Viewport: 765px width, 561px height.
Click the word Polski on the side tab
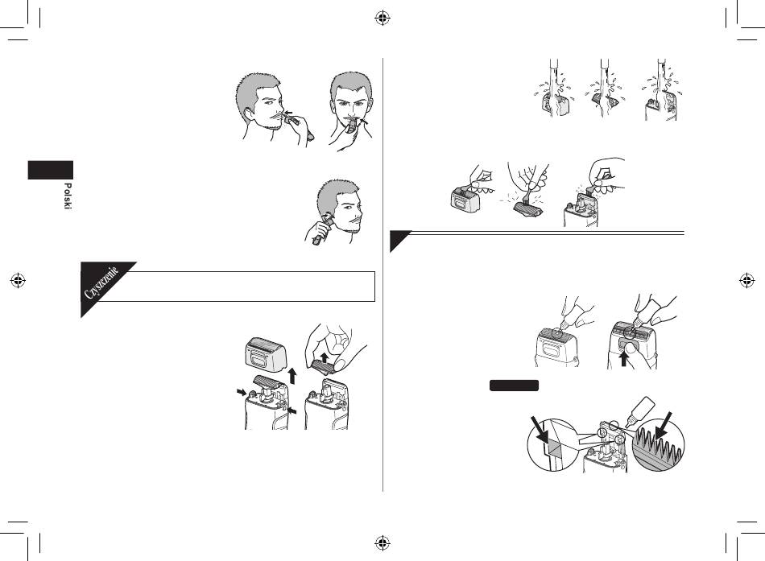coord(68,196)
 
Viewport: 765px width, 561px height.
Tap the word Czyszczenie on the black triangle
coord(101,283)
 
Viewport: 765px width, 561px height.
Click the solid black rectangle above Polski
coord(50,170)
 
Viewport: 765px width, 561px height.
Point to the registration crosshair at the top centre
coord(382,19)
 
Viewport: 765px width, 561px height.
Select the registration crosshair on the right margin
coord(746,280)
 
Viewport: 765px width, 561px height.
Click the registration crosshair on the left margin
coord(18,280)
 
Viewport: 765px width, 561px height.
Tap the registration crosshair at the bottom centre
coord(382,542)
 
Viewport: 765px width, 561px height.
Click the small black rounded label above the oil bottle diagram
coord(514,386)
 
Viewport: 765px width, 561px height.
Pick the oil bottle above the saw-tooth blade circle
coord(642,409)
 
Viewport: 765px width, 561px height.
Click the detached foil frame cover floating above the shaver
coord(264,355)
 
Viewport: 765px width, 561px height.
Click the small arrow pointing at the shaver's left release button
coord(241,392)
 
